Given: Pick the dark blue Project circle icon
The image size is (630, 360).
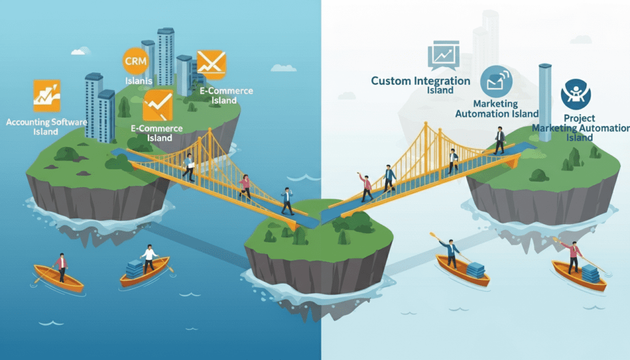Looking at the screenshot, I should pos(575,96).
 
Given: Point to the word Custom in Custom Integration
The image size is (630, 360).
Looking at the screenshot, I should pos(392,81).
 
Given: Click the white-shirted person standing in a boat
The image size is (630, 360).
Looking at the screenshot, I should pos(148,258).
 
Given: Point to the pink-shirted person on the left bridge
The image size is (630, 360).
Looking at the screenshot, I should pos(245,186).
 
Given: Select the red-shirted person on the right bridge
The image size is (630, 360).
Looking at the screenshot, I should pos(366,187).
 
